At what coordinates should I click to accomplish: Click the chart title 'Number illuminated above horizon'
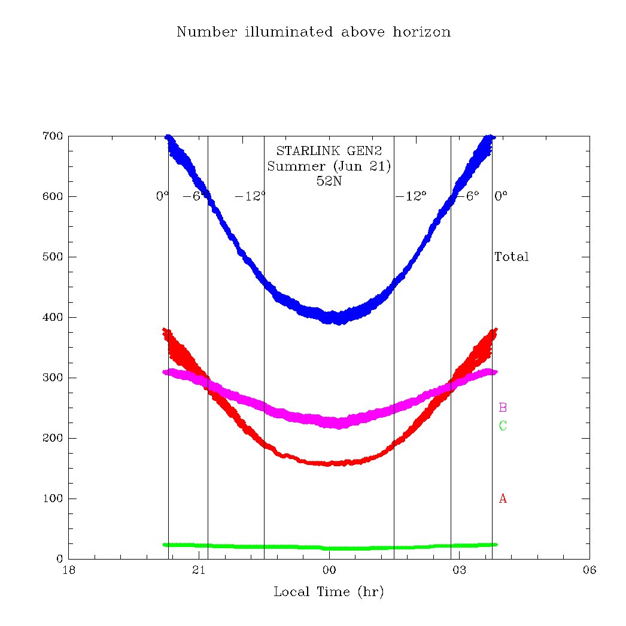click(313, 32)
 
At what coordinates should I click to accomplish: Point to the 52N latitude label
click(329, 181)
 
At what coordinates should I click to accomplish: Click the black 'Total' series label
click(512, 257)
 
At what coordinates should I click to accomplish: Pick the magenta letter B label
click(503, 408)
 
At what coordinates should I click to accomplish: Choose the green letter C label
click(503, 426)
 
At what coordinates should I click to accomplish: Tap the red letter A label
click(503, 498)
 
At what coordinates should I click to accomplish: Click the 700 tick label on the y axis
click(53, 136)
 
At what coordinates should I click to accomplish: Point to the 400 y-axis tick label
click(53, 317)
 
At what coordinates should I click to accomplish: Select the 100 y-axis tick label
click(53, 499)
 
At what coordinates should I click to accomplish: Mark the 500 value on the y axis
click(53, 257)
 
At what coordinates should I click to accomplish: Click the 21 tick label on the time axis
click(199, 570)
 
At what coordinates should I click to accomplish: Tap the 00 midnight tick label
click(329, 570)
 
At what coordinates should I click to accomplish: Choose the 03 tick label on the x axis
click(458, 570)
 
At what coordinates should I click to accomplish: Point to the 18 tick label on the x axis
click(69, 570)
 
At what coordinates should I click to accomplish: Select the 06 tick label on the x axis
click(589, 570)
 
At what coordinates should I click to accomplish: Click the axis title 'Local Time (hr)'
click(329, 592)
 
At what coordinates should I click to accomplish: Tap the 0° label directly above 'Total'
click(501, 196)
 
